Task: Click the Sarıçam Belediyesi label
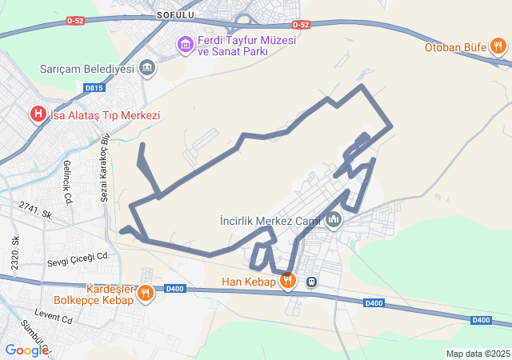pyautogui.click(x=86, y=69)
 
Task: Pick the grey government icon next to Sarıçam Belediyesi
pyautogui.click(x=147, y=68)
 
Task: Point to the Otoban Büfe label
pyautogui.click(x=456, y=46)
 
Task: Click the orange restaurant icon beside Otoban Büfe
pyautogui.click(x=499, y=46)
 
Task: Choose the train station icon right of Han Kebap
pyautogui.click(x=311, y=282)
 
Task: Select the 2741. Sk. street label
pyautogui.click(x=35, y=210)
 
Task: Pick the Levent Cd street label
pyautogui.click(x=54, y=318)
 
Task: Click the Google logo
pyautogui.click(x=26, y=350)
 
